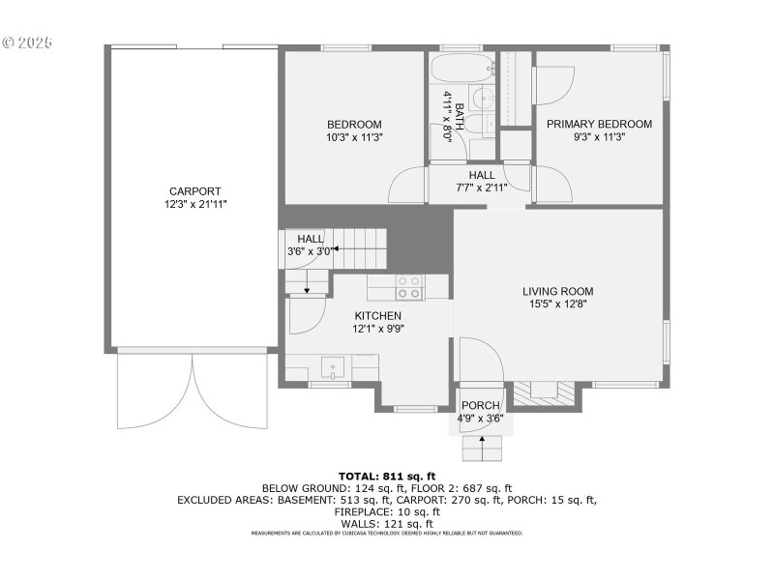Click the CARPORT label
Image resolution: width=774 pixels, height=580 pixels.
(195, 191)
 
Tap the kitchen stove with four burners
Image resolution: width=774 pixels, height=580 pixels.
(408, 287)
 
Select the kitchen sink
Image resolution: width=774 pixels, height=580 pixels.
(333, 368)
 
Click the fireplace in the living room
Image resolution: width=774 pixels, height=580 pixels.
(546, 390)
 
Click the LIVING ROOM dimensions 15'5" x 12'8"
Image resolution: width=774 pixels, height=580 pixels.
(557, 304)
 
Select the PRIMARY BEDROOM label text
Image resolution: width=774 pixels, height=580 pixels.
(599, 124)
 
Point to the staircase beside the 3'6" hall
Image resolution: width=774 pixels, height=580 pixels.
(360, 249)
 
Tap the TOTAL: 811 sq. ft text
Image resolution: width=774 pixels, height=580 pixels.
(387, 476)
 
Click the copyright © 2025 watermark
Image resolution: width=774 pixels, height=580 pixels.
(27, 43)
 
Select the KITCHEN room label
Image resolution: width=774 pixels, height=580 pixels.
(377, 316)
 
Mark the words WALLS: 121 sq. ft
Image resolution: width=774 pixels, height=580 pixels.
(387, 523)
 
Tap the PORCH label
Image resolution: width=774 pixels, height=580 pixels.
(481, 405)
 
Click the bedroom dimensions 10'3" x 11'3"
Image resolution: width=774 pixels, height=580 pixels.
(354, 137)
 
